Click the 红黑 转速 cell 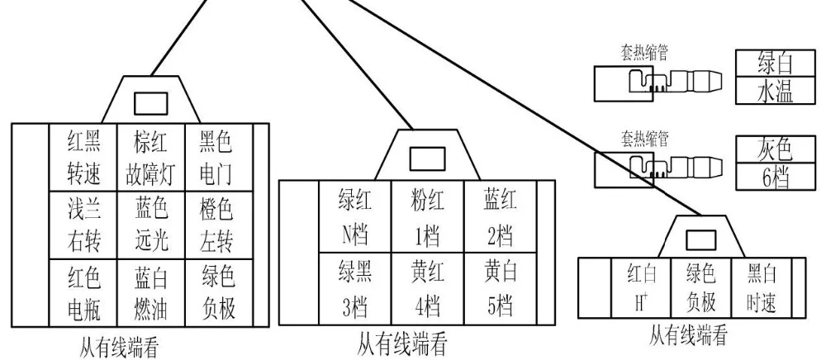(83, 158)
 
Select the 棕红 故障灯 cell (150, 158)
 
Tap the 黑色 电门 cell (219, 158)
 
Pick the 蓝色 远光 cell (150, 225)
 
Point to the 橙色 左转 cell (219, 225)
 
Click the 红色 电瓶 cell (83, 292)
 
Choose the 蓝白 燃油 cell (150, 292)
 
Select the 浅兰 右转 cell (83, 225)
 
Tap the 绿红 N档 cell (354, 217)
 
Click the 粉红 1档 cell (427, 217)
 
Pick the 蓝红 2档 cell (501, 217)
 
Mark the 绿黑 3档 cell (354, 289)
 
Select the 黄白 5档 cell (501, 289)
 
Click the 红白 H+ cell (641, 288)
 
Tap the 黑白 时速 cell (762, 288)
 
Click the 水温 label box (775, 91)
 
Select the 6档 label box (775, 178)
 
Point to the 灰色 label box (775, 150)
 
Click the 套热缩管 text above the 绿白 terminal (645, 54)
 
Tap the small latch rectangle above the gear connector (427, 159)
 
